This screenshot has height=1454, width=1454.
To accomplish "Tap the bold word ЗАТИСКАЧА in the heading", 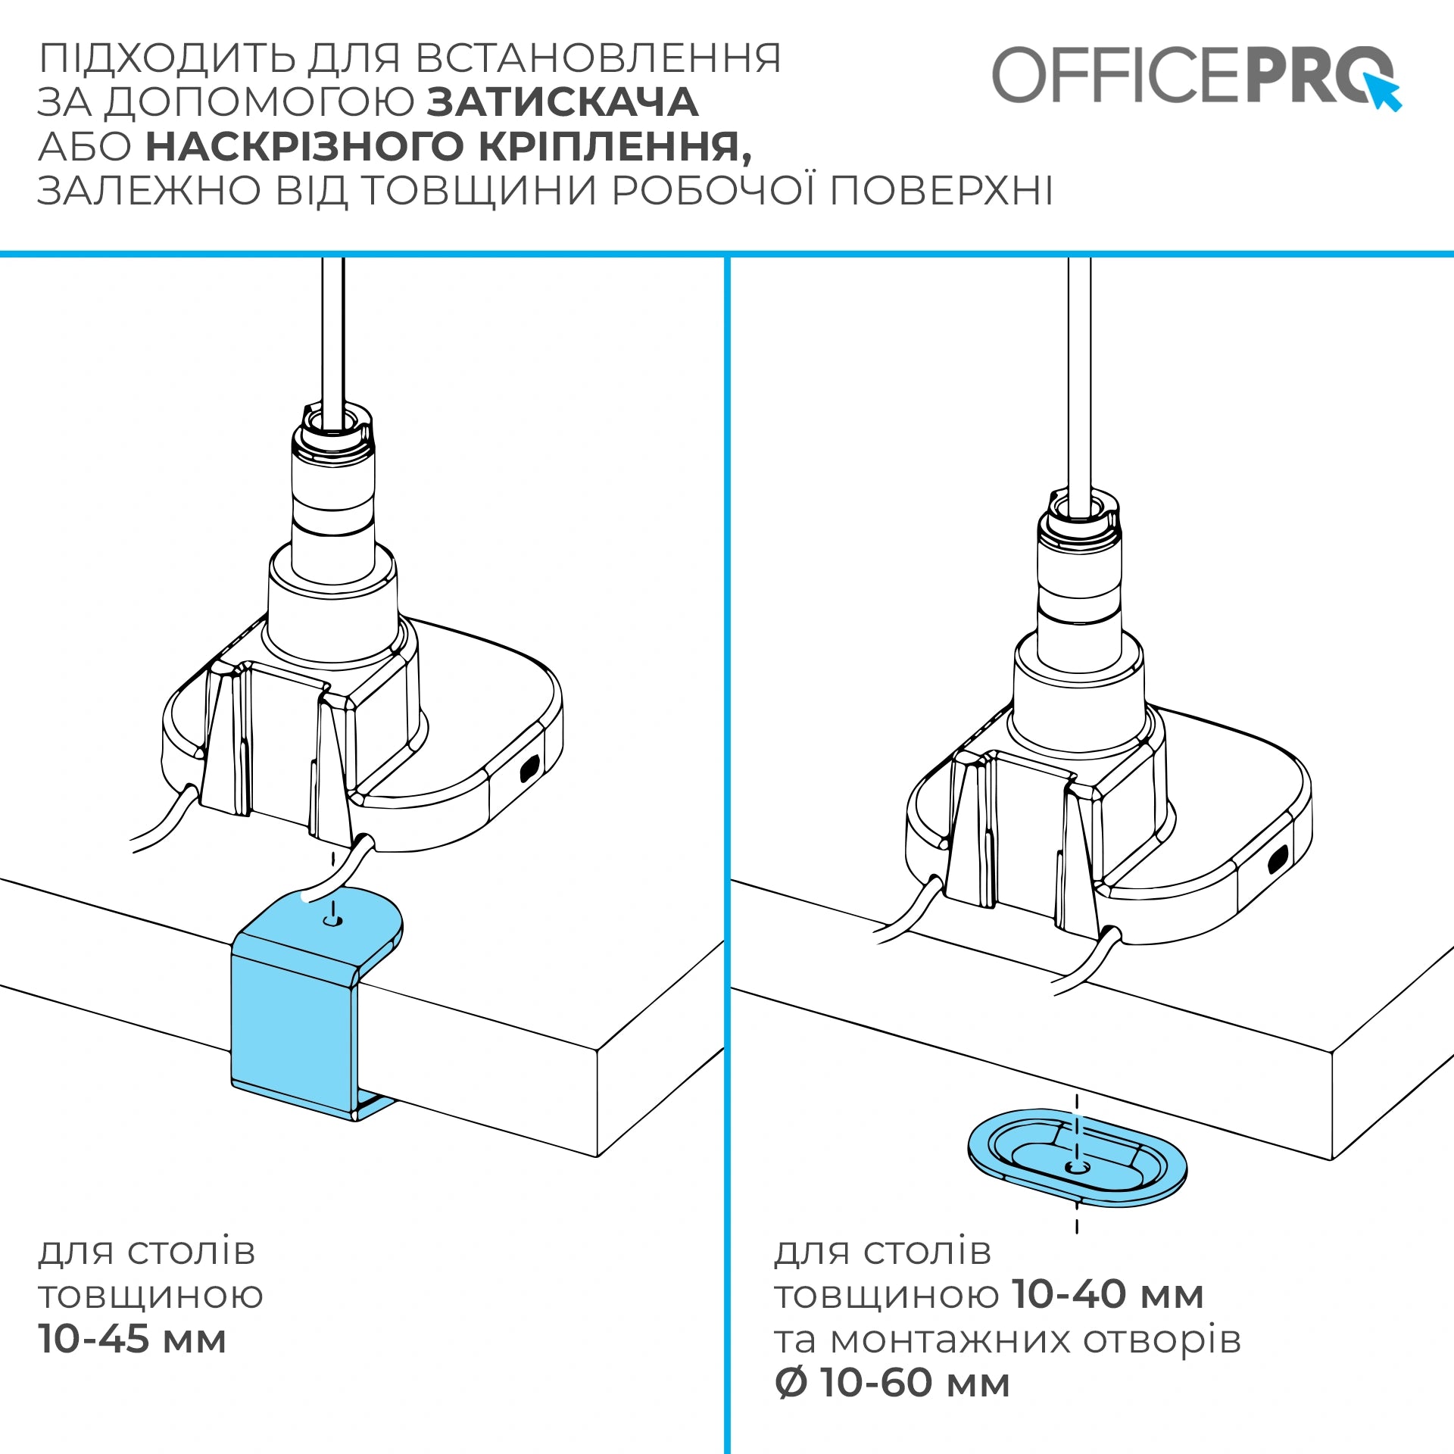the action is click(563, 102).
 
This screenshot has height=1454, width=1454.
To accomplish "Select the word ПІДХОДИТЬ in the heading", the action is click(168, 59).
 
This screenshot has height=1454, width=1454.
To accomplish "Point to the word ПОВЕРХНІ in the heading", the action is click(941, 190).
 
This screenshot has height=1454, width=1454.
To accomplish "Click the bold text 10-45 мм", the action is click(133, 1339).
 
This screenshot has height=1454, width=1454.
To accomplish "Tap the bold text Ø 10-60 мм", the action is click(892, 1383).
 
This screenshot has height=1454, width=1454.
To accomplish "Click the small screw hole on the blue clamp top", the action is click(332, 921).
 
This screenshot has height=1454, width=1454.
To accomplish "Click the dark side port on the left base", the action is click(528, 769).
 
